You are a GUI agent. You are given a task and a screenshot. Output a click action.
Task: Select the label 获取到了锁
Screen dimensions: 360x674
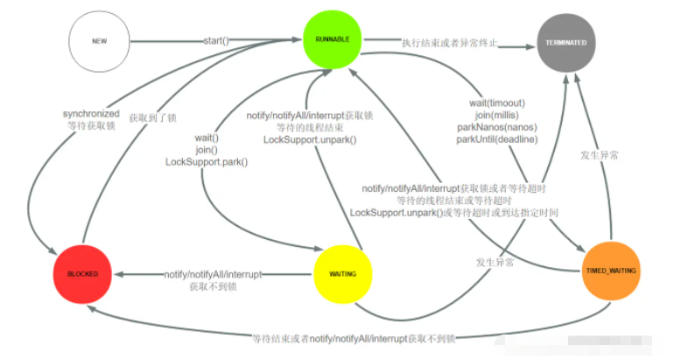(x=154, y=116)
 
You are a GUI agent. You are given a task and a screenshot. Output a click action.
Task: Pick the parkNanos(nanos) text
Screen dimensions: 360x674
(x=496, y=128)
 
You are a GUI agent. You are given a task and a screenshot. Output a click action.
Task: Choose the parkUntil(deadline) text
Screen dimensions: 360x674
(x=496, y=140)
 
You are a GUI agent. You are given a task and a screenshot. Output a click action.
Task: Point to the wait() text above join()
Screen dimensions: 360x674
(x=207, y=138)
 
